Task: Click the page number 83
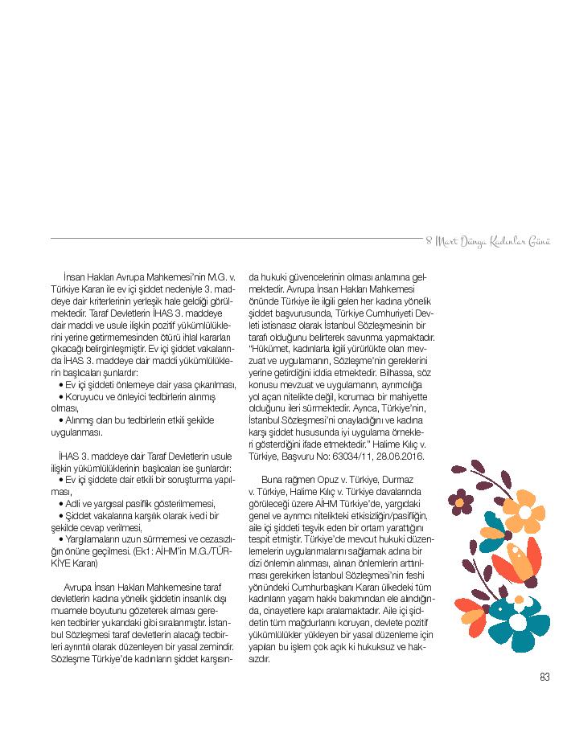(x=545, y=677)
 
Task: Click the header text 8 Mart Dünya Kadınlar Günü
(x=487, y=241)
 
